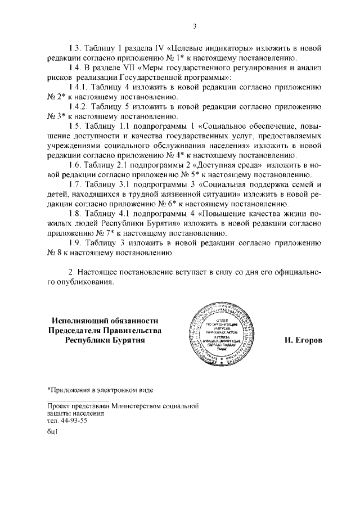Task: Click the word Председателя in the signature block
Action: pyautogui.click(x=76, y=330)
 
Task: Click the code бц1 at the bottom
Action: pyautogui.click(x=53, y=433)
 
